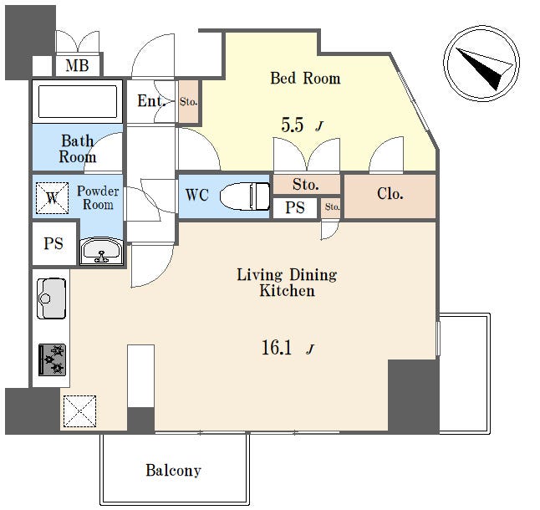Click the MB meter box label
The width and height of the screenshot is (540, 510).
click(77, 65)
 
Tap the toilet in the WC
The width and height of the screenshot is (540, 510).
click(245, 196)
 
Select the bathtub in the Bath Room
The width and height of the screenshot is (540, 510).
click(78, 102)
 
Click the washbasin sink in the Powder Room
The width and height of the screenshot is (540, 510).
click(101, 252)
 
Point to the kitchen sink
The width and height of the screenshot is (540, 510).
click(51, 298)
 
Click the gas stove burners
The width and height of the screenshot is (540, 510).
click(52, 360)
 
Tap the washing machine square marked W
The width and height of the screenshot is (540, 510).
click(52, 197)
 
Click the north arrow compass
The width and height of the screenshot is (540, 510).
click(481, 64)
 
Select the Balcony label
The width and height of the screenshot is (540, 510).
click(173, 471)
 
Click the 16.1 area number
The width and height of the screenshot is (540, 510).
click(277, 347)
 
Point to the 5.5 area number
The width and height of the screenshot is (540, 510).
click(293, 125)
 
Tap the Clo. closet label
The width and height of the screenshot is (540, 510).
click(390, 194)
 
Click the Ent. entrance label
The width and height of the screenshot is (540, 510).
click(151, 101)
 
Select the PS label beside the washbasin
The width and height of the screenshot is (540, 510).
click(53, 244)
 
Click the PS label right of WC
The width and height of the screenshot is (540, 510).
click(295, 207)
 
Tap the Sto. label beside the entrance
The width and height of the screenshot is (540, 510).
click(188, 102)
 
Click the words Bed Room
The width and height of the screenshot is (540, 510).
click(305, 78)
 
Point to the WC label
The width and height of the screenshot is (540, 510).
click(197, 195)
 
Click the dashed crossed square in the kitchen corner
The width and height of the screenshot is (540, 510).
click(79, 411)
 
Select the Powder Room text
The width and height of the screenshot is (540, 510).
click(98, 197)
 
